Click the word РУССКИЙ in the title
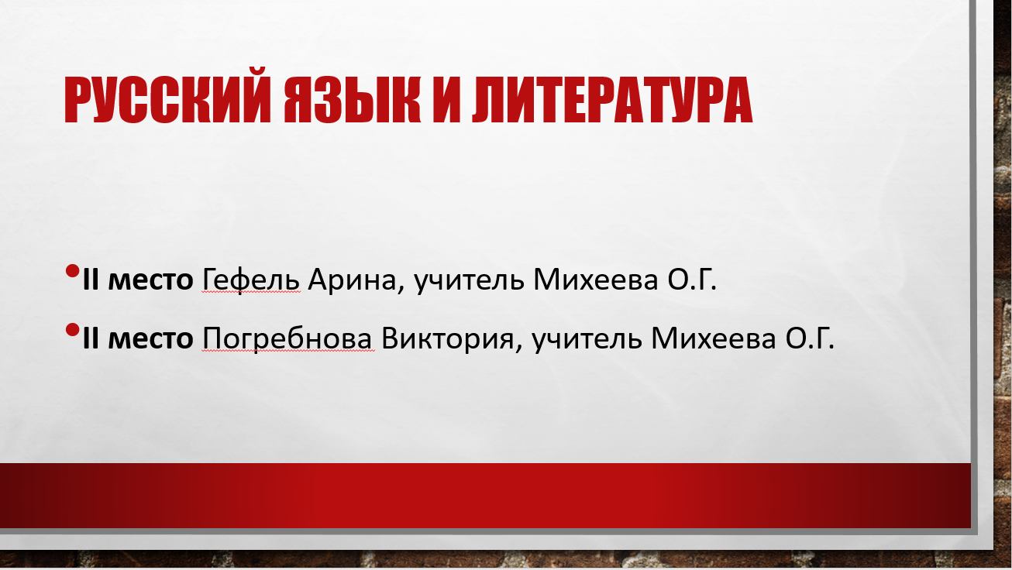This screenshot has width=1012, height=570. (167, 100)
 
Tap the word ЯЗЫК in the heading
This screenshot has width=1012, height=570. (353, 100)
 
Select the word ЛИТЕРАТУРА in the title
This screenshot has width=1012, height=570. (612, 100)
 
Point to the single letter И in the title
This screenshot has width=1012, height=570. (446, 100)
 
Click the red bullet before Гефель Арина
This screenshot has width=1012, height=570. (72, 271)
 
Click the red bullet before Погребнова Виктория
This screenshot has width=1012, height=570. (72, 330)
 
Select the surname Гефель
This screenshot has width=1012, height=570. (251, 280)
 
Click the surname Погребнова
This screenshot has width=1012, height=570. (287, 338)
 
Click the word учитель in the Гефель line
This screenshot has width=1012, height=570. (470, 280)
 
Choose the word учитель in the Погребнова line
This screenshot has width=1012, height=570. (587, 338)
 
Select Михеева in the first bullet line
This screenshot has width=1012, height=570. (596, 280)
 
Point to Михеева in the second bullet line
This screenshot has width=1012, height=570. (714, 338)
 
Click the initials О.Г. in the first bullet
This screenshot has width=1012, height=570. (692, 280)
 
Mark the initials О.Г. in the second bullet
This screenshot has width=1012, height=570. (810, 338)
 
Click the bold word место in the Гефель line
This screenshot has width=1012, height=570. (151, 281)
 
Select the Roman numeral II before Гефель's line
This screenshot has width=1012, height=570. (91, 280)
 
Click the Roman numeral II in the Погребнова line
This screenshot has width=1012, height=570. (91, 338)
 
